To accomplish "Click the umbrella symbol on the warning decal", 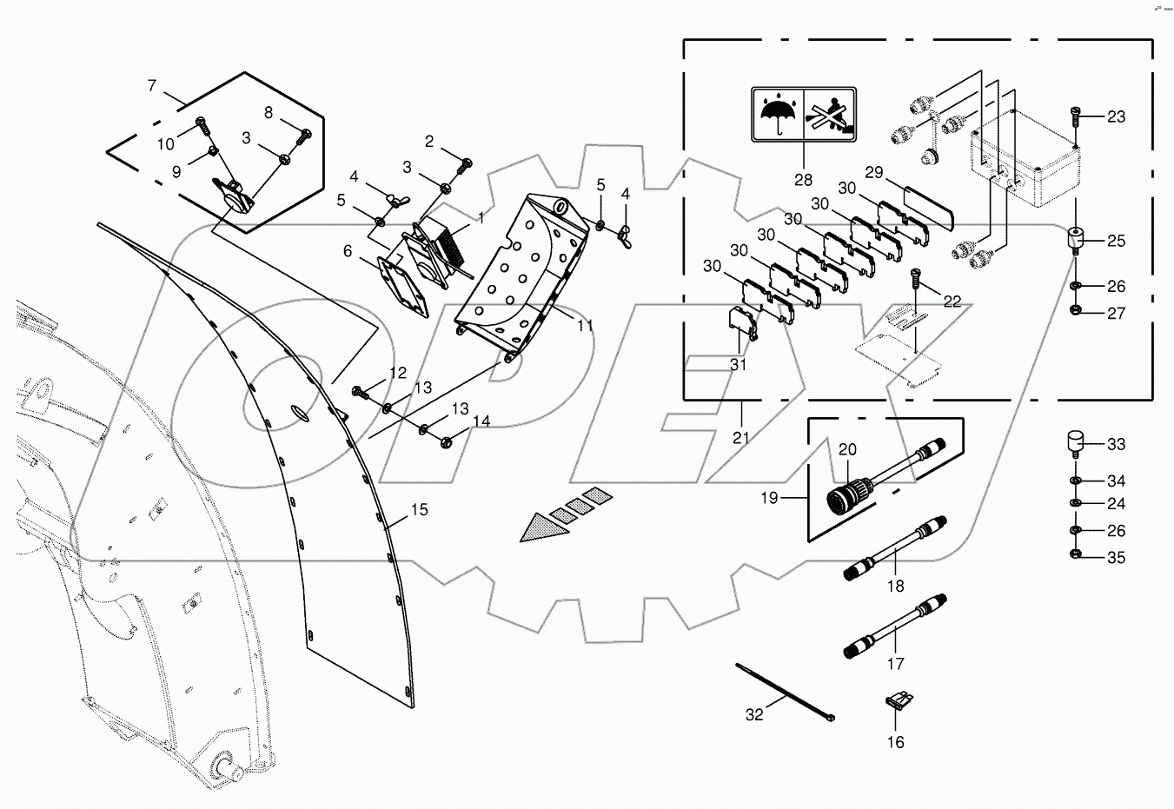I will tap(777, 114).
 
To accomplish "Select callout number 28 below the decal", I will tap(803, 180).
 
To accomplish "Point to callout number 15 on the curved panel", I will tap(419, 510).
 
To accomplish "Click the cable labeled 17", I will tap(895, 627).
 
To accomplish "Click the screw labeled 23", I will tap(1076, 116).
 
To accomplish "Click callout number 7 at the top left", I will tap(152, 85).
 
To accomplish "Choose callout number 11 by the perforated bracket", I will tap(585, 326).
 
